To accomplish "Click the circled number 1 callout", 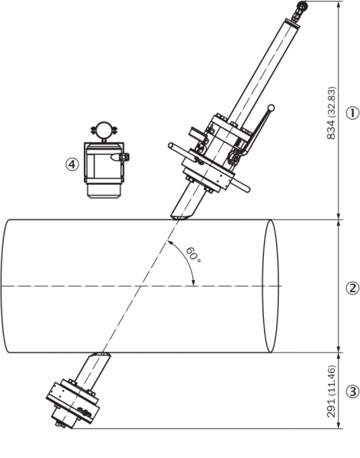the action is tap(352, 113).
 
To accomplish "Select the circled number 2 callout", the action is tap(352, 289).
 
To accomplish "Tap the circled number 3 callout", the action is tap(352, 392).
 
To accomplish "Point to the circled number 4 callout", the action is tap(72, 164).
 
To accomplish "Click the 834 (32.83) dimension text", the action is tap(331, 113).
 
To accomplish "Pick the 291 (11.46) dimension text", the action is tap(331, 392).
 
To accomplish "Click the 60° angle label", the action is tap(194, 255).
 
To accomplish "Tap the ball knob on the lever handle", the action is tap(272, 108).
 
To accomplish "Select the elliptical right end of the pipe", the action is tap(270, 286).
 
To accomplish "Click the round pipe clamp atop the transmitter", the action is tap(104, 131).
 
